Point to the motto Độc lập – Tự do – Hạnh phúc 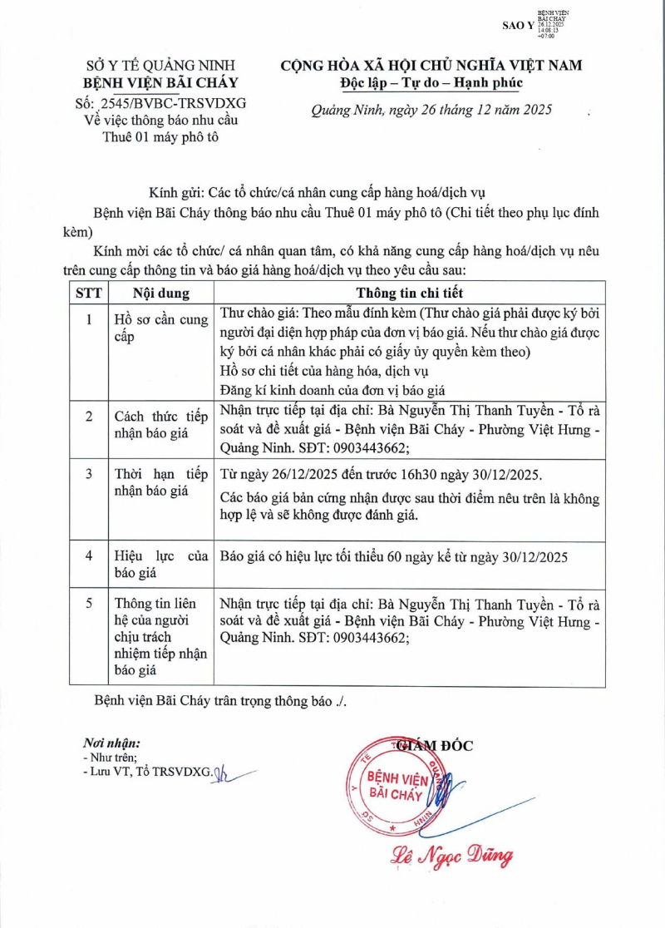(x=431, y=83)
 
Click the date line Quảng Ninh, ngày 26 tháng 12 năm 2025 (x=431, y=110)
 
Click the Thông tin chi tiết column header (x=410, y=293)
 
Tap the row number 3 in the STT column (x=89, y=475)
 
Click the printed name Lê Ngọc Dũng (x=451, y=856)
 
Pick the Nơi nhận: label (x=111, y=743)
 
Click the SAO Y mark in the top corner (x=519, y=26)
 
